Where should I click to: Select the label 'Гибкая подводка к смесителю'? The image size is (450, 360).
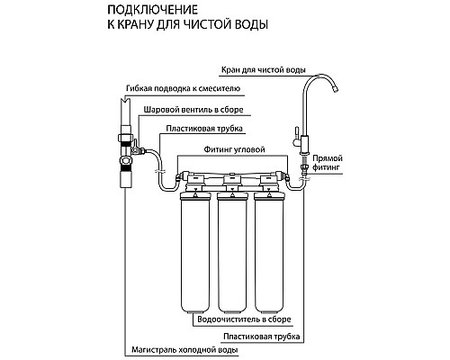coord(186,92)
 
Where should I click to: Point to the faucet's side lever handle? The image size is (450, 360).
coord(292,138)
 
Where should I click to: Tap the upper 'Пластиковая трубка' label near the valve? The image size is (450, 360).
coord(199,129)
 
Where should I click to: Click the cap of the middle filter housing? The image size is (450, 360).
coord(231,194)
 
